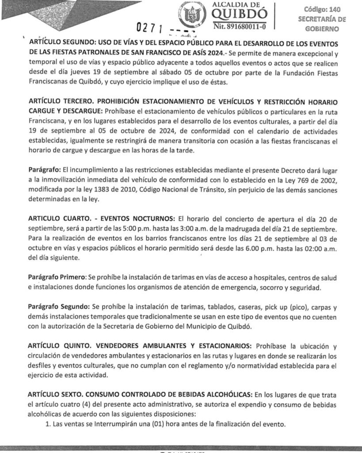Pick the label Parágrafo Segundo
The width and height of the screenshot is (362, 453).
(x=58, y=307)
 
